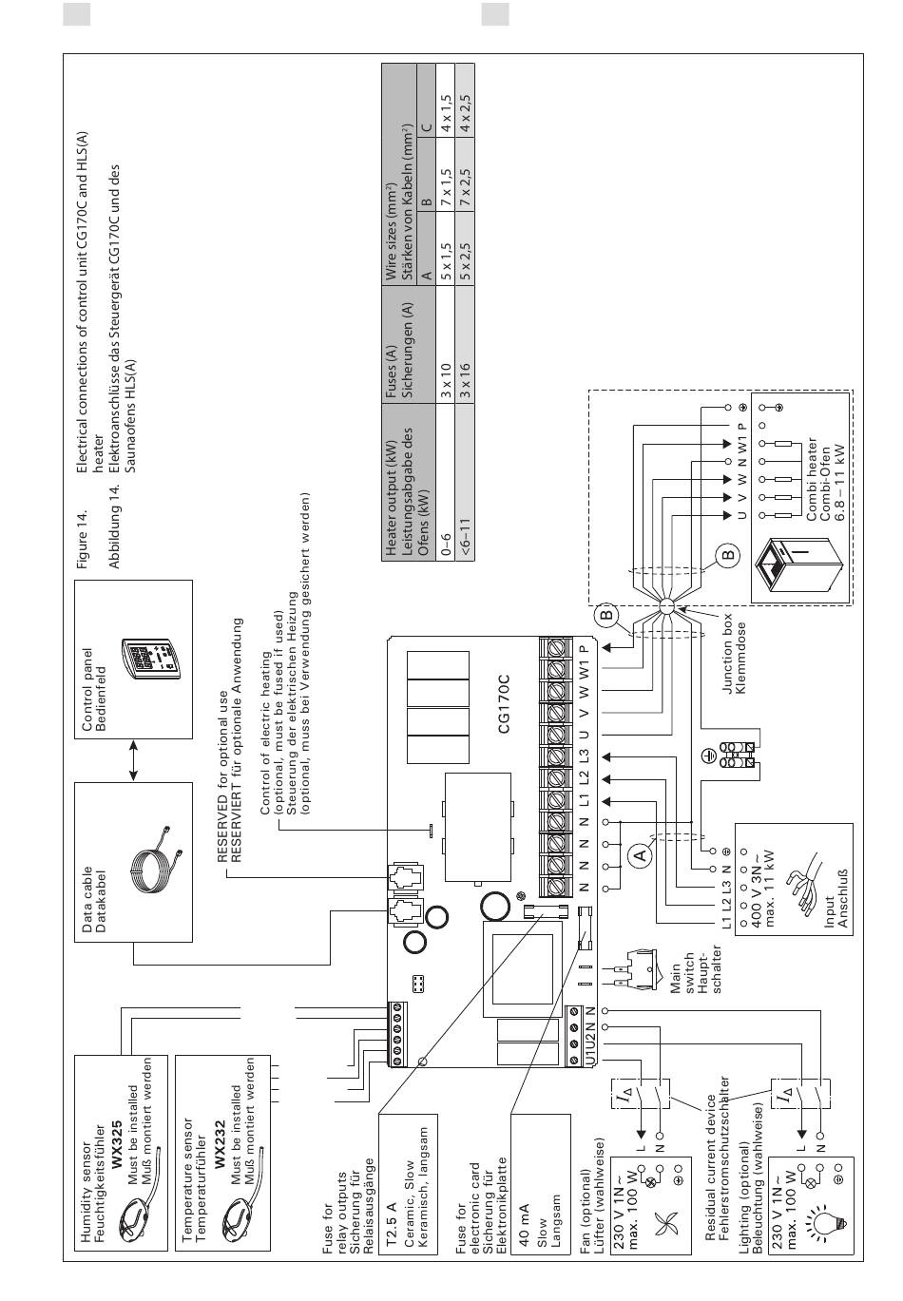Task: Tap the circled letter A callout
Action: (x=640, y=854)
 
